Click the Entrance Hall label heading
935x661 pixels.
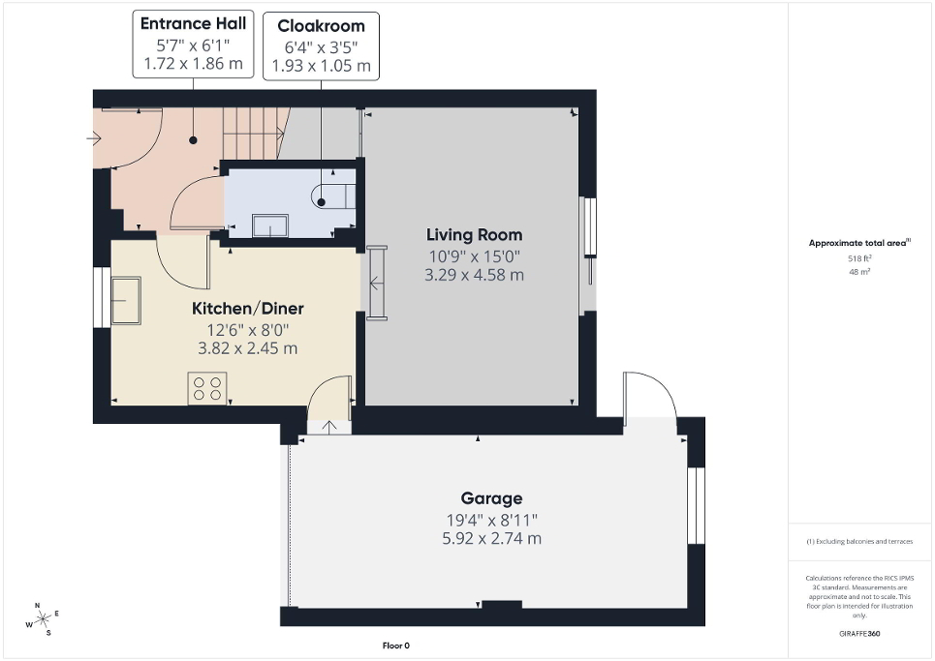(193, 23)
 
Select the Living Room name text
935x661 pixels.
(474, 235)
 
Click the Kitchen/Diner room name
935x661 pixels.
(247, 309)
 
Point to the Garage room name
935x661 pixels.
(491, 498)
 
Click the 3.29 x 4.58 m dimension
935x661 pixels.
(474, 275)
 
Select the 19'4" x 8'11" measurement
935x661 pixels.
(491, 519)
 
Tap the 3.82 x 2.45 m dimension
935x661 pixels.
(247, 348)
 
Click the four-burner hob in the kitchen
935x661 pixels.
(206, 387)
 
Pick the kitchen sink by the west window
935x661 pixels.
(125, 301)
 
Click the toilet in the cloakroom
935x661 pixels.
(334, 194)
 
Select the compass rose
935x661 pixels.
(43, 619)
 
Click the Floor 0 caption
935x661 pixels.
(396, 646)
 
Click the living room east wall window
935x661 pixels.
(588, 256)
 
